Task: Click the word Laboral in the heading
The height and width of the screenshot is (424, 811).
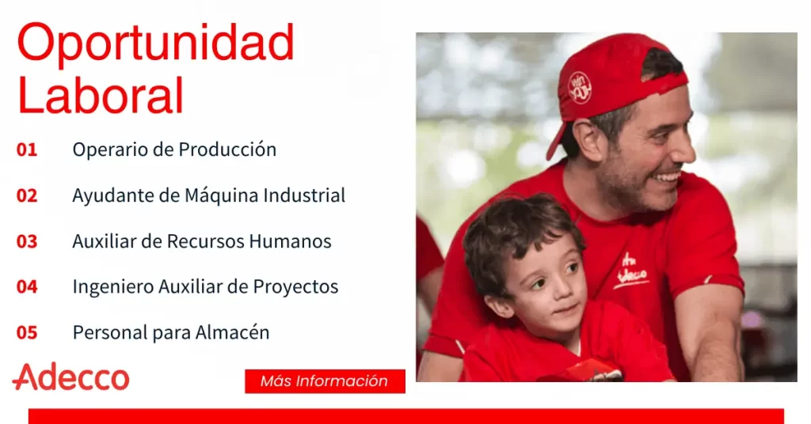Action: click(101, 95)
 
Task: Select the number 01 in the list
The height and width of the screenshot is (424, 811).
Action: click(27, 150)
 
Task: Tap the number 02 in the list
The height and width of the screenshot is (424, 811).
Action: click(27, 195)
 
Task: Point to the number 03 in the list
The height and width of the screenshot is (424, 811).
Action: click(27, 241)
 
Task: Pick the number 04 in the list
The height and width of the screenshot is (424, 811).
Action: click(27, 286)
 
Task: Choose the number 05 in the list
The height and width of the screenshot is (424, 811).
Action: click(27, 332)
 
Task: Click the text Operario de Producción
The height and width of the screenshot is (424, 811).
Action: click(174, 150)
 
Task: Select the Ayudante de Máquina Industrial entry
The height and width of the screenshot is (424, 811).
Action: click(208, 195)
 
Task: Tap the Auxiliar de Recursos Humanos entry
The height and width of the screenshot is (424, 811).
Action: click(202, 241)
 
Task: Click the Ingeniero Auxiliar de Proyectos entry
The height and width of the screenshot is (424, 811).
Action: click(205, 287)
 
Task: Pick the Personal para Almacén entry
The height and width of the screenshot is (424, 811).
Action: click(171, 332)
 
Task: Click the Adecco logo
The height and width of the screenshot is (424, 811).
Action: click(70, 377)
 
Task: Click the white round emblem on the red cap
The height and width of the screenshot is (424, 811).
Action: click(581, 88)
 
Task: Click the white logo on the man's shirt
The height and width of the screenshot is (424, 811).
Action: click(630, 270)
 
